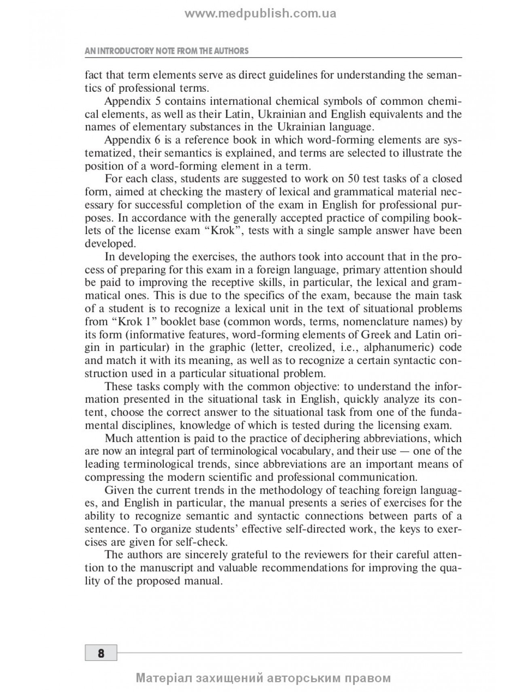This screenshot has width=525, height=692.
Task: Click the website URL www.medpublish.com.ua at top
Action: coord(260,14)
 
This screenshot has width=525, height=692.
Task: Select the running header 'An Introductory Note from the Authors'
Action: coord(166,51)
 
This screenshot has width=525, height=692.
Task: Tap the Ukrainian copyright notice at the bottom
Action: coord(263,678)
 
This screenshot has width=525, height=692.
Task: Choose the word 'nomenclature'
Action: coord(370,322)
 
